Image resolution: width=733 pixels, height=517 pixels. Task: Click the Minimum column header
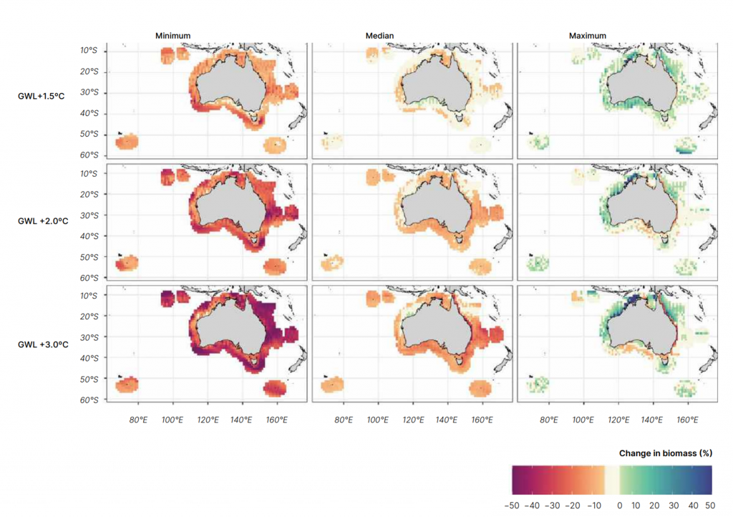click(x=173, y=36)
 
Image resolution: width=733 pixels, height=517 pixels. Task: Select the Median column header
click(x=379, y=36)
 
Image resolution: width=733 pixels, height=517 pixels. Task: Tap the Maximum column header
click(x=587, y=36)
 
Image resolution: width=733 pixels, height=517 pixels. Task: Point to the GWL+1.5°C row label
click(x=41, y=96)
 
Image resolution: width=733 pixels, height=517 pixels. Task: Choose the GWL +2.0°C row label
click(x=43, y=221)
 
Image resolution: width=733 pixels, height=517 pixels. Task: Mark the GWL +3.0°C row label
click(x=43, y=344)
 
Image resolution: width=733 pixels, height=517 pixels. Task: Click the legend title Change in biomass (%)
click(x=665, y=453)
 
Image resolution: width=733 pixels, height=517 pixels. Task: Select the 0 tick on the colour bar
click(x=620, y=506)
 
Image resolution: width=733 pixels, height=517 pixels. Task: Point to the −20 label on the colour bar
click(x=572, y=506)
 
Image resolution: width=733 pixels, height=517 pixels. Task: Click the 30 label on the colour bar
click(x=673, y=506)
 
